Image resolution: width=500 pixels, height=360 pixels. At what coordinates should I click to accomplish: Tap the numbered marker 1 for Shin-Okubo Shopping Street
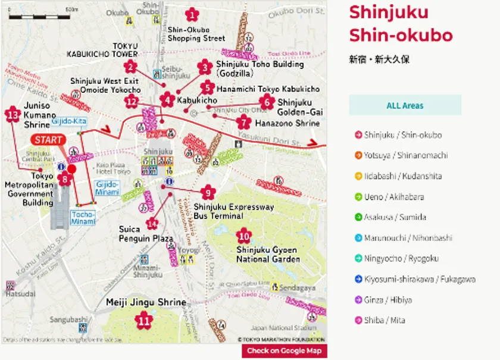tap(192, 14)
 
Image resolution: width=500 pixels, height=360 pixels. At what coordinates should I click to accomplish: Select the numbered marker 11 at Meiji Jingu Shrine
tap(143, 321)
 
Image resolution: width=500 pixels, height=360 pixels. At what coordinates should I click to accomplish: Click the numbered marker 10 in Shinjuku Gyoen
tap(243, 235)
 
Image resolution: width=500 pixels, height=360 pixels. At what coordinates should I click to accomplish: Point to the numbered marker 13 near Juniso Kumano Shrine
tap(12, 115)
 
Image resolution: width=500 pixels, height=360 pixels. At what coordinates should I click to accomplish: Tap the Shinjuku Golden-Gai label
tap(299, 107)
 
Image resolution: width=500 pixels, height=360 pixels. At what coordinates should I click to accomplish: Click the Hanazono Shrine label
tap(287, 124)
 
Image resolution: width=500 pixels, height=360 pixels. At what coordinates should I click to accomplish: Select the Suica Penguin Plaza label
tap(146, 234)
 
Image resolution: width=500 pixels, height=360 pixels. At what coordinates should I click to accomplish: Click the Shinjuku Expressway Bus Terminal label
tap(233, 211)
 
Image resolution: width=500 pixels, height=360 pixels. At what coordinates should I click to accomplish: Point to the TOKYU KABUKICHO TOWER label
tap(102, 50)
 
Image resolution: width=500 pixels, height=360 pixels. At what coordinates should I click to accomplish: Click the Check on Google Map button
tap(284, 351)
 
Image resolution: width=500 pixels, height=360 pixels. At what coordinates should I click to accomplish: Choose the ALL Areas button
tap(405, 105)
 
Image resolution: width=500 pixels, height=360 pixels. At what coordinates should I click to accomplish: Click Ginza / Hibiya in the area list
tap(387, 299)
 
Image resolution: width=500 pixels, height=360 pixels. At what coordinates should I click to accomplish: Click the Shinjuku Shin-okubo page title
tap(400, 23)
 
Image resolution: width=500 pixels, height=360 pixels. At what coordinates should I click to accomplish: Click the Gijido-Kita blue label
tap(68, 121)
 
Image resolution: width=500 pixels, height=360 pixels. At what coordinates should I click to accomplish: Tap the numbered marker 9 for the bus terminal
tap(207, 192)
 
